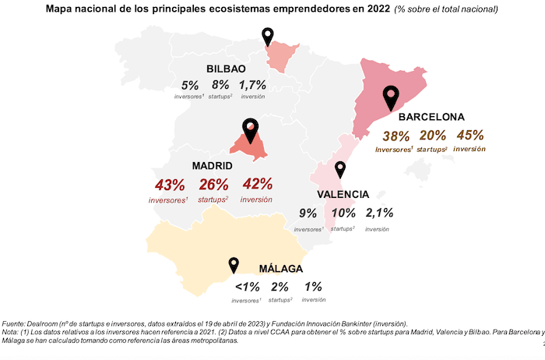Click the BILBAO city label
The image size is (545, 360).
(226, 69)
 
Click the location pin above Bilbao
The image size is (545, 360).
(269, 36)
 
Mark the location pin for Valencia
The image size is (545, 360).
(339, 170)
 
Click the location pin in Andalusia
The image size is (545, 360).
(233, 266)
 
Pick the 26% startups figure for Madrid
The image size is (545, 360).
(213, 185)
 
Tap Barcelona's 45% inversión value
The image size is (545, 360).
(469, 135)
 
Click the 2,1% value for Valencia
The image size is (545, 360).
(379, 212)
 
